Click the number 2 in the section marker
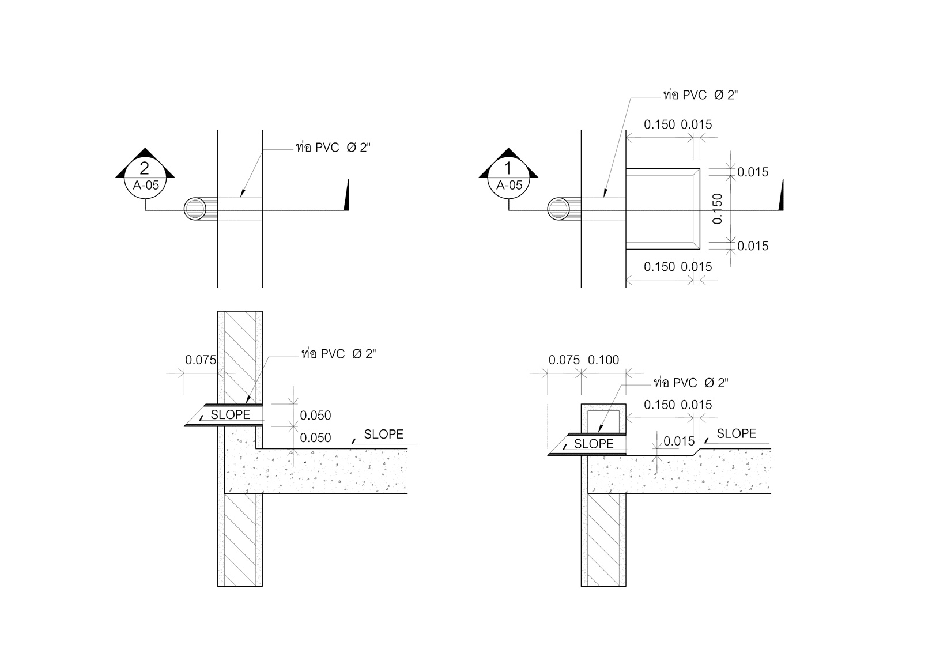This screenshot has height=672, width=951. click(144, 168)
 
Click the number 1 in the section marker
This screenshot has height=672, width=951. click(508, 168)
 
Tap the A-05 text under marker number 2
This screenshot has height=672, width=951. click(146, 185)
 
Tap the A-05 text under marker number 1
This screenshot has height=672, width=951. click(510, 185)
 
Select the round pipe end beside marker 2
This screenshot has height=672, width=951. click(195, 209)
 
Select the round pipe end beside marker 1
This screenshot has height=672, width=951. click(558, 209)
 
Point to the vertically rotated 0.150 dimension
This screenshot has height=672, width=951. click(717, 209)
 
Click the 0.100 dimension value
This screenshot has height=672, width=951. click(603, 360)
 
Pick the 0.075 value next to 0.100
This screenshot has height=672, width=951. click(564, 360)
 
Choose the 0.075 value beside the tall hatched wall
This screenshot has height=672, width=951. click(201, 360)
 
